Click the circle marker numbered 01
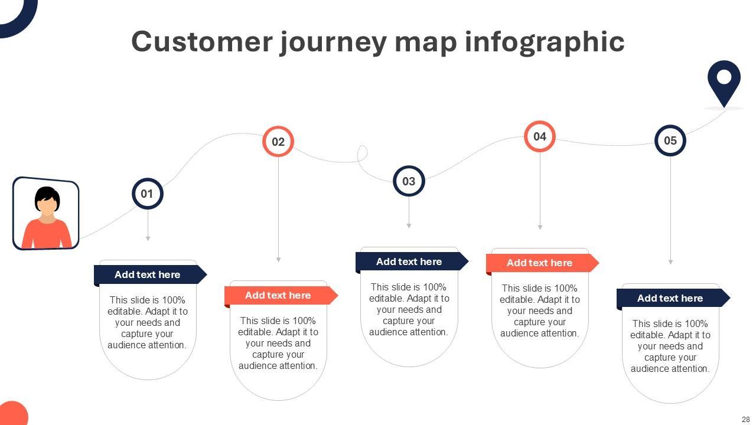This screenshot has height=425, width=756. pyautogui.click(x=147, y=194)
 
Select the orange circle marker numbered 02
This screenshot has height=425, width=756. pyautogui.click(x=278, y=142)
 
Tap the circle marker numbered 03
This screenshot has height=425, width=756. pyautogui.click(x=409, y=181)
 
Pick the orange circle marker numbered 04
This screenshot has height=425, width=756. pyautogui.click(x=540, y=136)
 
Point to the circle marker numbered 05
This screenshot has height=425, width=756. pyautogui.click(x=670, y=140)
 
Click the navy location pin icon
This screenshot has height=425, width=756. pyautogui.click(x=724, y=81)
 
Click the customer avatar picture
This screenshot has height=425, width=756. pyautogui.click(x=46, y=213)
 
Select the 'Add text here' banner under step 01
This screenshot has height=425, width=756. pyautogui.click(x=148, y=274)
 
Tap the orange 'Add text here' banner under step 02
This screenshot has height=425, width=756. pyautogui.click(x=278, y=295)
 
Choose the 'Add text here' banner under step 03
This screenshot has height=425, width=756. pyautogui.click(x=409, y=261)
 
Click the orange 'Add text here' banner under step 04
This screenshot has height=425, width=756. pyautogui.click(x=540, y=263)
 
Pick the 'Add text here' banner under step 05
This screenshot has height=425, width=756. pyautogui.click(x=670, y=298)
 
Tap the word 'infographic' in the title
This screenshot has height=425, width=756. pyautogui.click(x=545, y=42)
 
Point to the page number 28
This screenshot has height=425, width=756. pyautogui.click(x=745, y=419)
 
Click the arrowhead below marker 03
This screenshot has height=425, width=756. pyautogui.click(x=409, y=225)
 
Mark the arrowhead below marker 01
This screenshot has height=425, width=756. pyautogui.click(x=148, y=238)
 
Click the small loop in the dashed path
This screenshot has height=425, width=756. pyautogui.click(x=362, y=153)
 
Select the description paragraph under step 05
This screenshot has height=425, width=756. pyautogui.click(x=670, y=346)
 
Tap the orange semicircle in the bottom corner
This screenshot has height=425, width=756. pyautogui.click(x=12, y=414)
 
